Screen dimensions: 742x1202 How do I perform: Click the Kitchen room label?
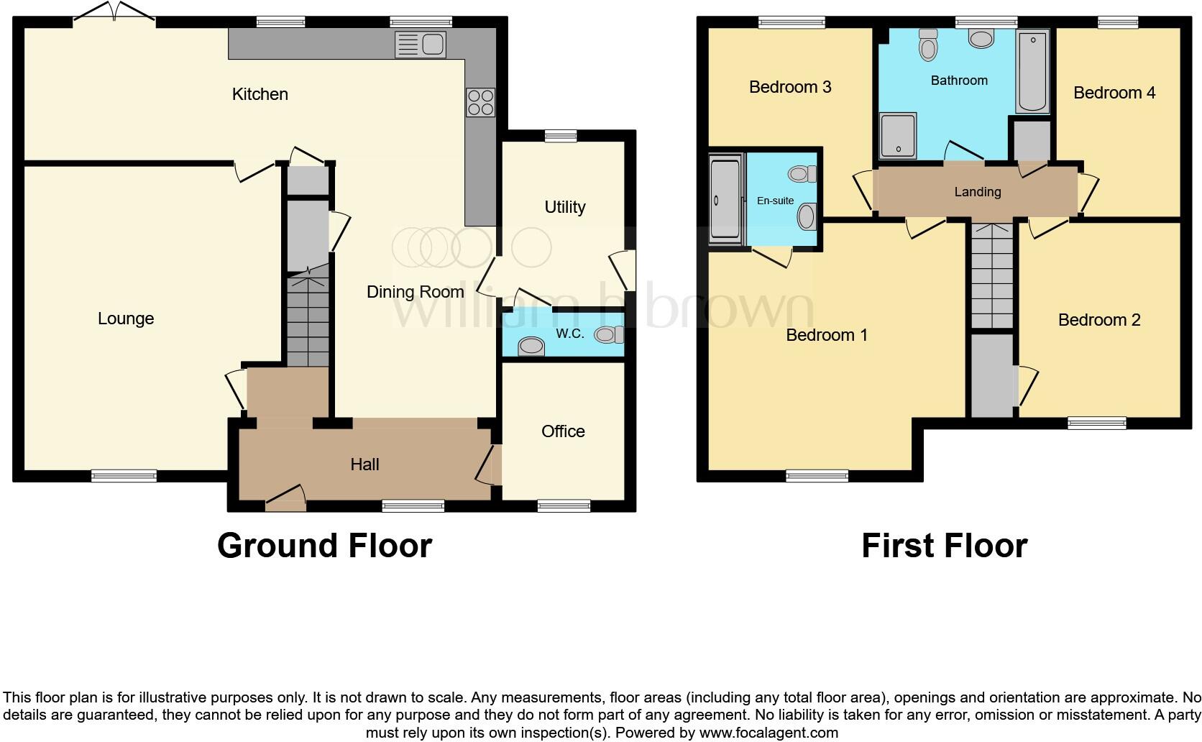[260, 94]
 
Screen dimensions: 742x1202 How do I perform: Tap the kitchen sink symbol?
[421, 45]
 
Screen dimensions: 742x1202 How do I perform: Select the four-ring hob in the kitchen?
[480, 102]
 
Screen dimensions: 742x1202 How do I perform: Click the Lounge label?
[126, 319]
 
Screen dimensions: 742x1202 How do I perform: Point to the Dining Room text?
[415, 292]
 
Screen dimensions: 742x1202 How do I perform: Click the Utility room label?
[564, 207]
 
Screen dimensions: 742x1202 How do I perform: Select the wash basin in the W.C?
[531, 347]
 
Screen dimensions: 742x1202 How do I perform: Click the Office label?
[563, 431]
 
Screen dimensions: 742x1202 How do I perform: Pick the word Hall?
[364, 464]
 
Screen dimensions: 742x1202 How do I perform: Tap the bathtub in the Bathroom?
[1032, 71]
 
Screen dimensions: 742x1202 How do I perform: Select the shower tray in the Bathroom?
[898, 134]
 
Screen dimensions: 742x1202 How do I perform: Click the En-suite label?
[775, 201]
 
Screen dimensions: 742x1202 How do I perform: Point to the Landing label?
[977, 192]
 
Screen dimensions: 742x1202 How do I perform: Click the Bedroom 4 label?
[1114, 93]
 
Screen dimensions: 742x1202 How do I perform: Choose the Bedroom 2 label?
[1098, 320]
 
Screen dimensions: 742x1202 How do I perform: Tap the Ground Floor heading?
[324, 546]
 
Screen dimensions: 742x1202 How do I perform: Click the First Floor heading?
[944, 546]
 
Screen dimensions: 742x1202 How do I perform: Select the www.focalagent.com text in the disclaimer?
[768, 733]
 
